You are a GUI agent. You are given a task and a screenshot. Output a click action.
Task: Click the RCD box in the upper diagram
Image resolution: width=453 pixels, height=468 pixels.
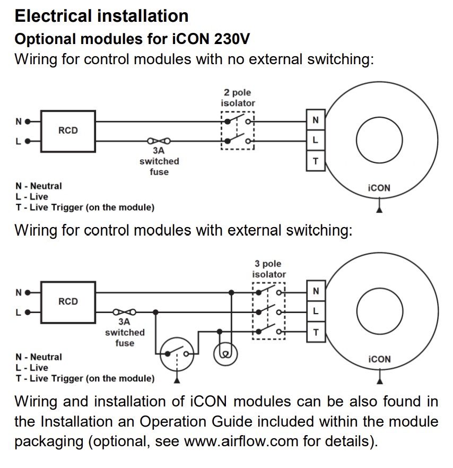click(68, 131)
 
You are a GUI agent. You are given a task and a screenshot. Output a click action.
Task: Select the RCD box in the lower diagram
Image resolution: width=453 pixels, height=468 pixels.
click(68, 301)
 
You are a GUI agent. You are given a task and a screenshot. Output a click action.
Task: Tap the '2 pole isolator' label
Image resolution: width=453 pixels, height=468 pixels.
click(238, 98)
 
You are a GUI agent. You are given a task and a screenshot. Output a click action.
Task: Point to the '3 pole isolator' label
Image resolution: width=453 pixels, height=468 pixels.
click(268, 269)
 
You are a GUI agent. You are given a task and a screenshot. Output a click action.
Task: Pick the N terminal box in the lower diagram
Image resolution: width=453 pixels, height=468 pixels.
click(316, 291)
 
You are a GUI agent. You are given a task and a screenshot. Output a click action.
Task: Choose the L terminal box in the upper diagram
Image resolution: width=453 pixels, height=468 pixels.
click(316, 141)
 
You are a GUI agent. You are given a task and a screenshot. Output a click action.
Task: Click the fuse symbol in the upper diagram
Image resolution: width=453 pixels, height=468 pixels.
click(159, 141)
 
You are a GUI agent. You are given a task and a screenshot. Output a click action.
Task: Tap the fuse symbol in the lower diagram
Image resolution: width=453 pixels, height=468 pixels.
click(125, 312)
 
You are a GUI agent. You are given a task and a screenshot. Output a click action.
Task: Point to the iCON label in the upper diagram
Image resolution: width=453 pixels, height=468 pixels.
click(379, 188)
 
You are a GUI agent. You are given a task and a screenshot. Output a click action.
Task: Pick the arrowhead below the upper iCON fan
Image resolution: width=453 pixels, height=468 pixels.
click(379, 210)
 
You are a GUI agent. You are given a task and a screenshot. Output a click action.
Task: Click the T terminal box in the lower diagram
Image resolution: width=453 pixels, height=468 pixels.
click(316, 332)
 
